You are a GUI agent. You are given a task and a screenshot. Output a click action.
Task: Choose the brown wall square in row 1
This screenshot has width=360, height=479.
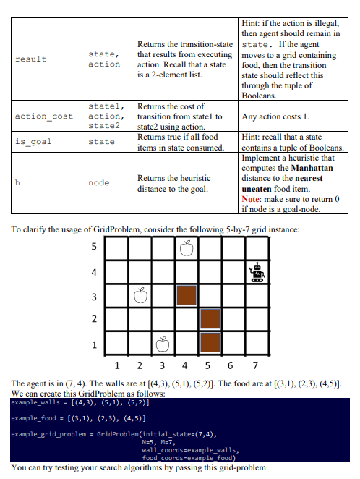(210, 342)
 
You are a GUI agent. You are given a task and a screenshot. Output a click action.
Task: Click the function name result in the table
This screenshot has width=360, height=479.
(30, 59)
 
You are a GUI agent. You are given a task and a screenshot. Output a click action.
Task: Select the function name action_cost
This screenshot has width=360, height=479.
(43, 116)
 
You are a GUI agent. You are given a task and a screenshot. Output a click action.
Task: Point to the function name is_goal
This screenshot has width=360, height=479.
(33, 142)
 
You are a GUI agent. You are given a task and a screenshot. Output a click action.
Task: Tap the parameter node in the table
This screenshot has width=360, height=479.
(99, 183)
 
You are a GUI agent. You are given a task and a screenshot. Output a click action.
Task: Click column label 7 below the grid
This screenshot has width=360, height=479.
(255, 365)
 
